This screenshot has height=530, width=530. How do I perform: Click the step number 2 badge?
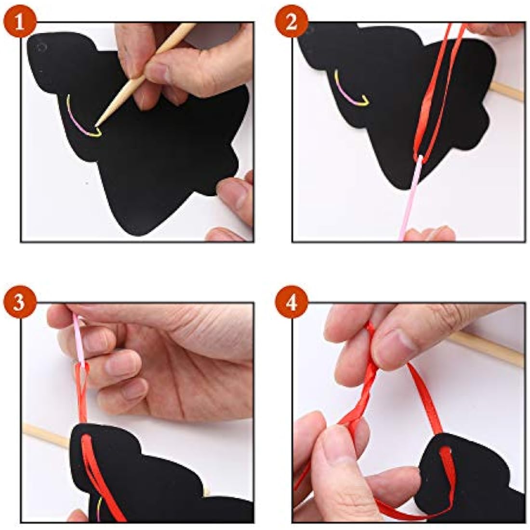tap(291, 23)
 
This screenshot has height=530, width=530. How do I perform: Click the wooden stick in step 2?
tap(507, 91)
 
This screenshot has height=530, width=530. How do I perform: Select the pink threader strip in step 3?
tap(80, 342)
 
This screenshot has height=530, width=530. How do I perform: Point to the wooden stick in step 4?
tap(487, 348)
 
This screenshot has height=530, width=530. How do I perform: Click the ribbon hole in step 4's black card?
tap(446, 450)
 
